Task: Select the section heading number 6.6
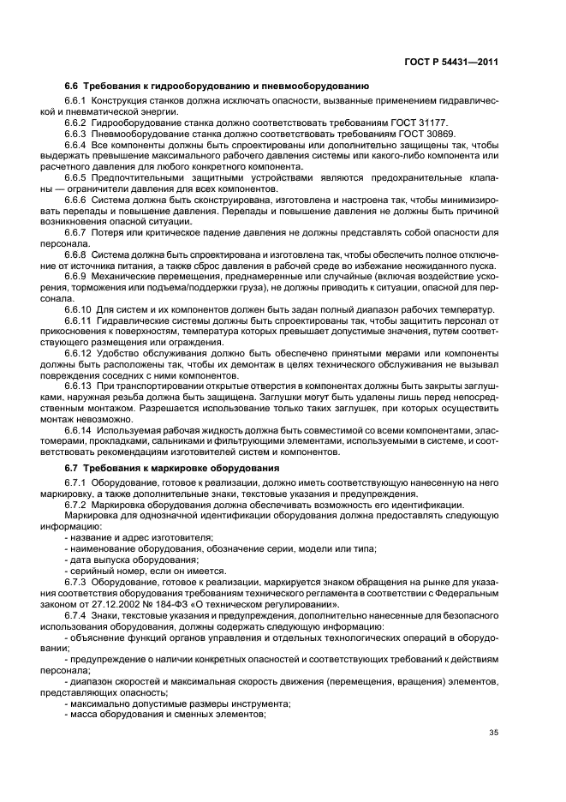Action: [x=72, y=86]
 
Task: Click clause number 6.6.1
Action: [x=77, y=101]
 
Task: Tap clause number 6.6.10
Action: [x=80, y=308]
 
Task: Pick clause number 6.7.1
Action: [x=77, y=483]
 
